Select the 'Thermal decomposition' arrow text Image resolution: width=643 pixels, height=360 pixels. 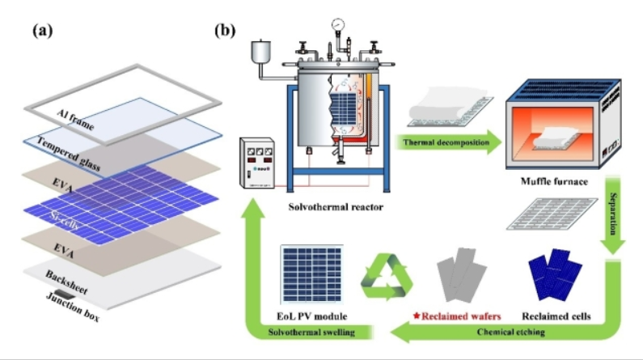[442, 143]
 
